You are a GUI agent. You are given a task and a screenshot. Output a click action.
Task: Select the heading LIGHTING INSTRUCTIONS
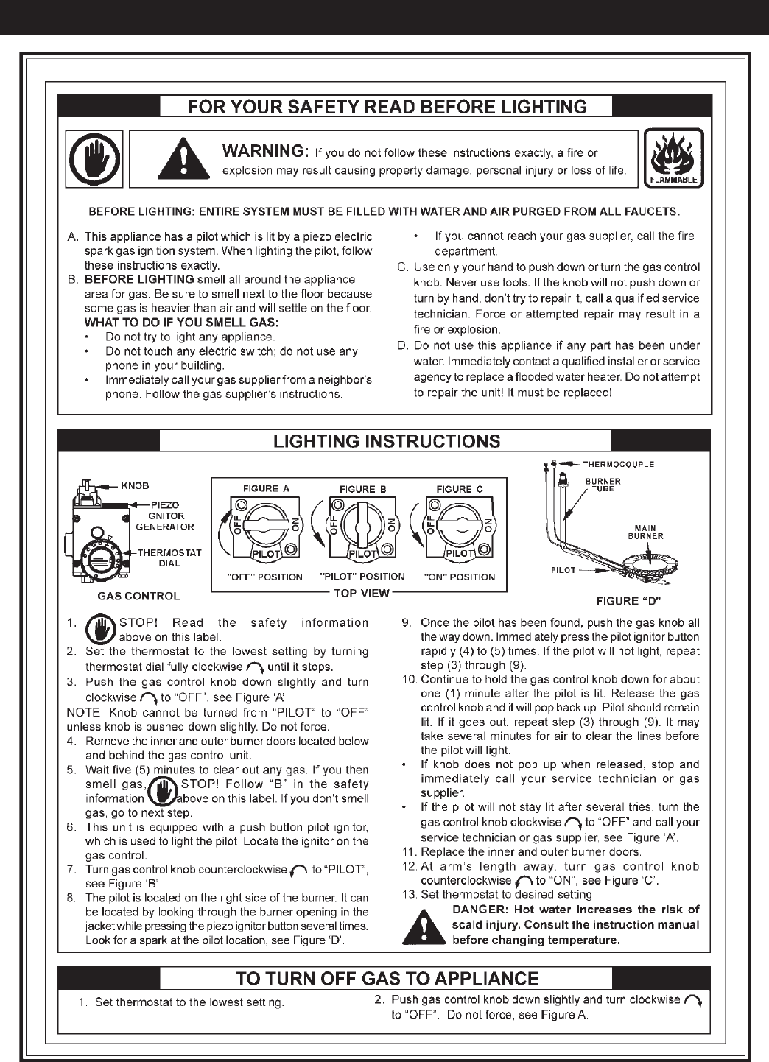coord(387,441)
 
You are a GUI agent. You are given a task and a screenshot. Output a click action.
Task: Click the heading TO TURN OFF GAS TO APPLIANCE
coord(387,979)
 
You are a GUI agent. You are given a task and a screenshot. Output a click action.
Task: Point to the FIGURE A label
coord(266,488)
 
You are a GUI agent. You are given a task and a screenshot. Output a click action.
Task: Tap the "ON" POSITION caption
coord(460,577)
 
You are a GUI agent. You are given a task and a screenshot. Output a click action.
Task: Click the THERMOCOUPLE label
coord(619,464)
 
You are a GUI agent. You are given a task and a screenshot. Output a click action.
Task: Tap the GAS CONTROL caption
coord(138,595)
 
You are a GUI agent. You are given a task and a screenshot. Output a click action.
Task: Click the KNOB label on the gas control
coord(135,485)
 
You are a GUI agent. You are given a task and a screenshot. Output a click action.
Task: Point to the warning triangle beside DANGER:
coord(423,926)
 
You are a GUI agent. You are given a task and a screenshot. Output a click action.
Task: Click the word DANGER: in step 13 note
coord(475,910)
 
